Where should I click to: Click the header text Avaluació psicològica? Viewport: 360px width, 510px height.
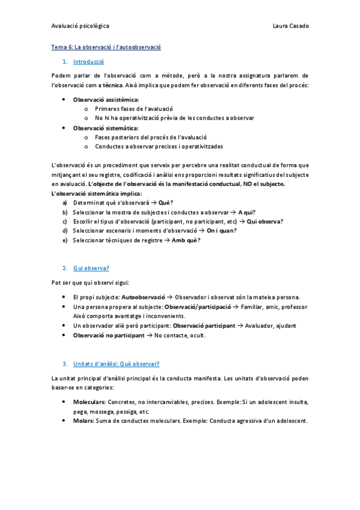[x=80, y=26]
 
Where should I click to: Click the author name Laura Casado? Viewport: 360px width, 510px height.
[x=290, y=26]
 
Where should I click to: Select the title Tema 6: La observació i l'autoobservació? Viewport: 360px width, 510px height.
[x=106, y=46]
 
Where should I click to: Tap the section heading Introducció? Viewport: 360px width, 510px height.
[x=88, y=61]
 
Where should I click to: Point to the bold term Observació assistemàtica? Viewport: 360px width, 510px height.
[x=106, y=99]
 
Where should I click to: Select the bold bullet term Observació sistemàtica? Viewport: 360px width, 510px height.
[x=105, y=128]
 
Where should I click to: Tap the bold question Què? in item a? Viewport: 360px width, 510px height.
[x=166, y=203]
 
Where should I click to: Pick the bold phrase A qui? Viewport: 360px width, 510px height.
[x=247, y=212]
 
